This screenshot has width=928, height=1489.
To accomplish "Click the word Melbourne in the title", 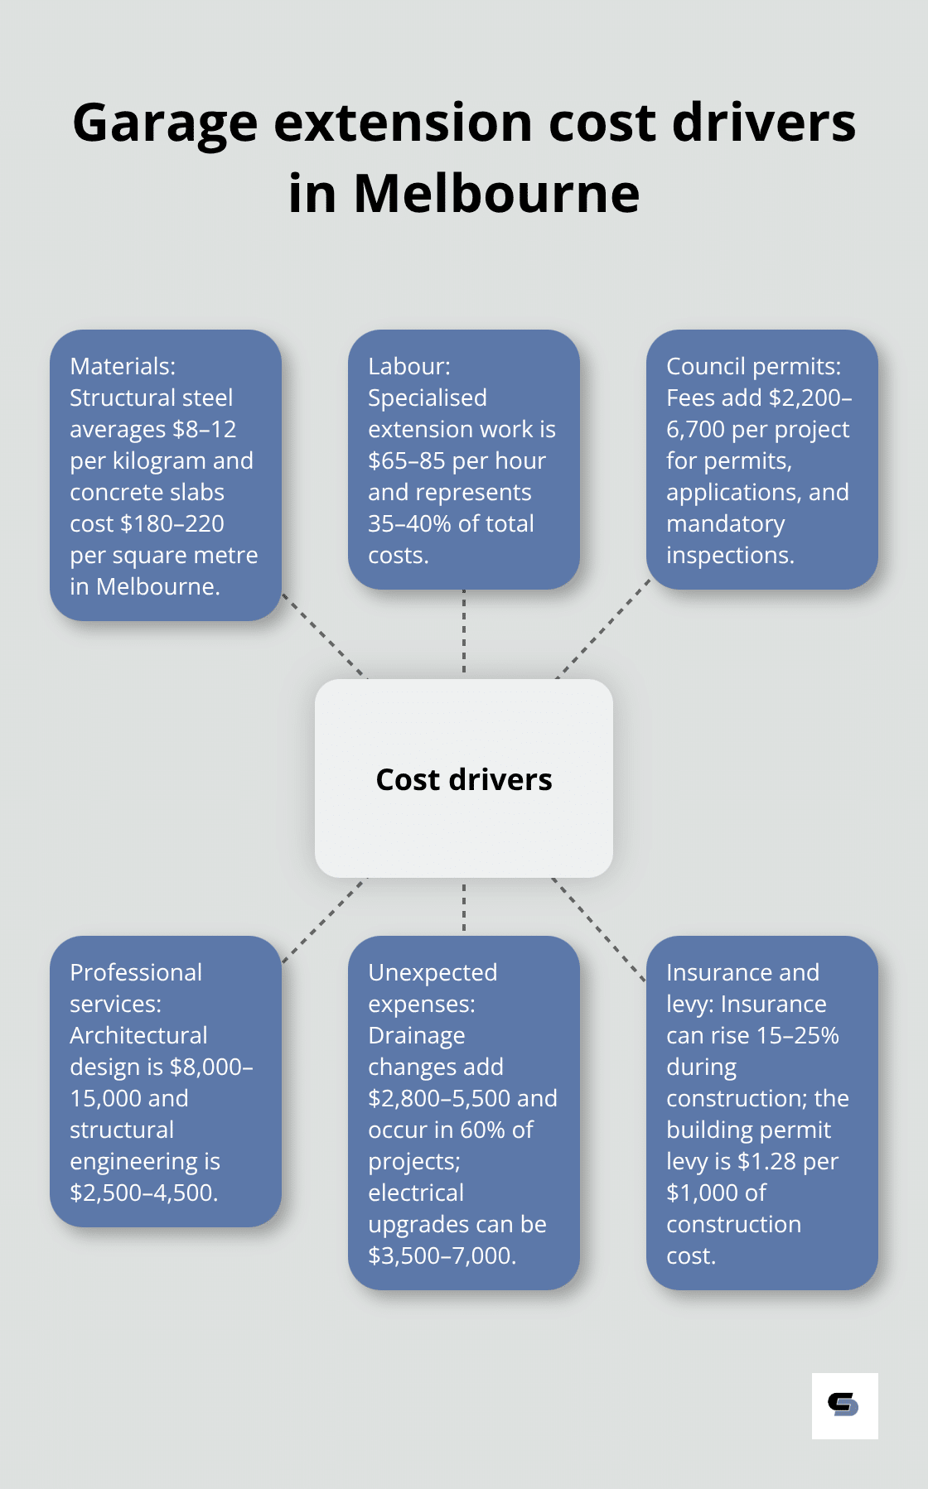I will point(496,194).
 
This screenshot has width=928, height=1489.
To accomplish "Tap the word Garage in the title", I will point(165,123).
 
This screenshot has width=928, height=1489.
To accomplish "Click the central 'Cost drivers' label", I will point(464,779).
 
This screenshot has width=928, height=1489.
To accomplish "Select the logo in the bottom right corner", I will point(844,1405).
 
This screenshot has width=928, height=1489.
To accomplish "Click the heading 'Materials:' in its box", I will point(123,366).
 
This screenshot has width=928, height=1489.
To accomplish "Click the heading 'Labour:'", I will point(409,366).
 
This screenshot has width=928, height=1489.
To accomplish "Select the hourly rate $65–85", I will point(407,460).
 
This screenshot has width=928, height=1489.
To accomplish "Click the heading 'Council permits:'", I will point(753,366).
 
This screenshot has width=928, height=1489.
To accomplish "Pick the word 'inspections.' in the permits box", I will point(730,555).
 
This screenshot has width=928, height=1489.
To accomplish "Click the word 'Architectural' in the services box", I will point(138,1035).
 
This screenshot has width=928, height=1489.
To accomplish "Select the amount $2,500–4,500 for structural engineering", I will point(143,1193).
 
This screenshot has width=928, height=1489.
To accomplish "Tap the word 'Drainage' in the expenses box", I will point(416,1035).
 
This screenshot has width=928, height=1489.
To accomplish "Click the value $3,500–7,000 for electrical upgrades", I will point(442,1255).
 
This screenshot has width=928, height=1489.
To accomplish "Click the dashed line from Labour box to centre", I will point(464,634).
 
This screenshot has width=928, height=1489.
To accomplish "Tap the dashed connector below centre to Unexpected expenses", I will point(464,907).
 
